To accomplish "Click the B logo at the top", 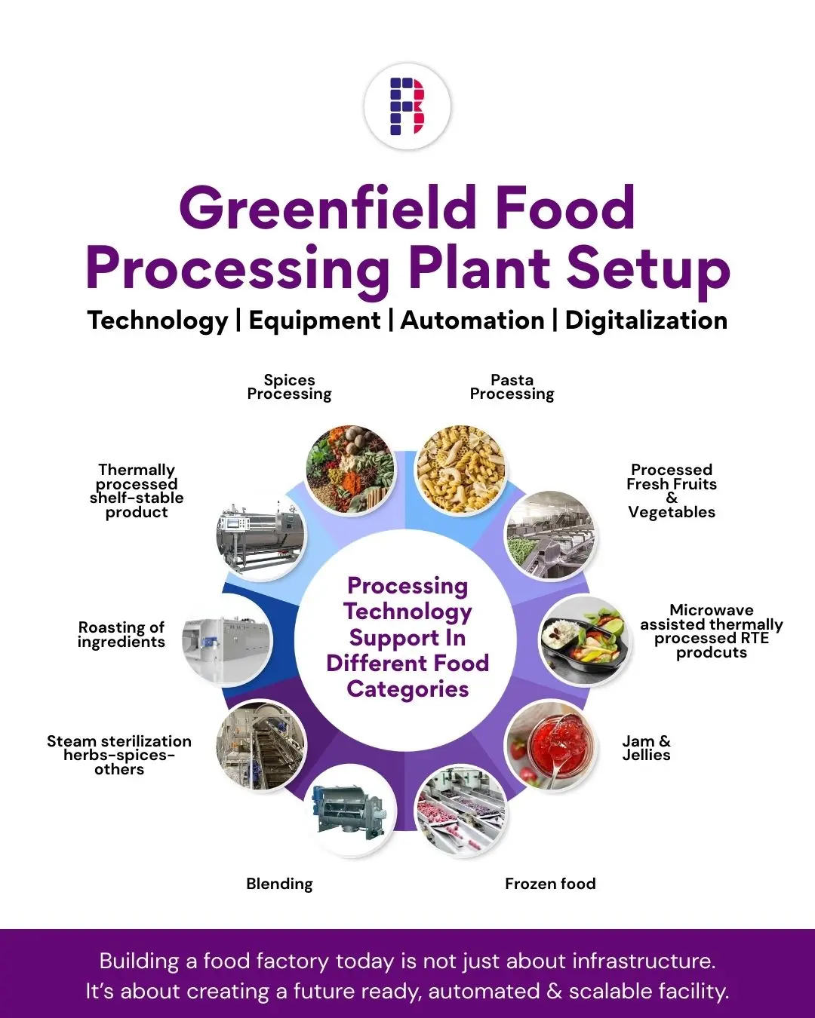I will (x=407, y=106).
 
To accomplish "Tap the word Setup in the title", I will (x=648, y=269).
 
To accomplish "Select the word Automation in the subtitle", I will (x=472, y=320).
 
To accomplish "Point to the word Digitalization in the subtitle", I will (x=646, y=320).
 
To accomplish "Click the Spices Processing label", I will (x=289, y=387).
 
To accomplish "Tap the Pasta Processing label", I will (x=512, y=387).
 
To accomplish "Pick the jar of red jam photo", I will (x=550, y=745).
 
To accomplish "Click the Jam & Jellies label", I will (x=646, y=748).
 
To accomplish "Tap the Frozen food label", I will (x=550, y=884).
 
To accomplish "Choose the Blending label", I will (x=279, y=884).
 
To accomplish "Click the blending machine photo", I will (x=350, y=811).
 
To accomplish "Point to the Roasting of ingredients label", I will (x=121, y=634).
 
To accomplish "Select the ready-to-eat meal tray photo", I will (x=584, y=641).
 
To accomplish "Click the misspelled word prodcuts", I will (x=711, y=652).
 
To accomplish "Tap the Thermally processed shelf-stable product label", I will (x=137, y=491).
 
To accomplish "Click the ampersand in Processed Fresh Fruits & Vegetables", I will (x=672, y=498).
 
